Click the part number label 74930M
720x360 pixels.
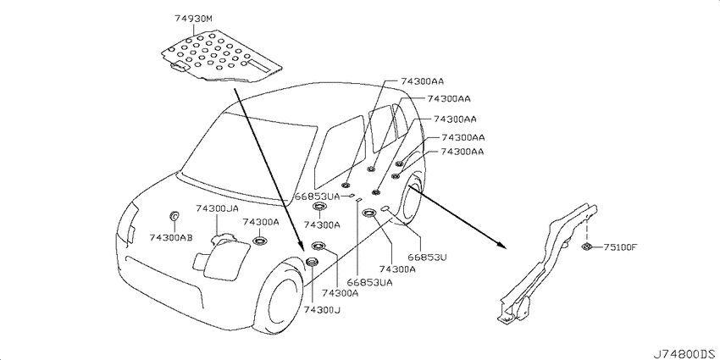pyautogui.click(x=193, y=19)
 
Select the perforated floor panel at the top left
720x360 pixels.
pyautogui.click(x=221, y=58)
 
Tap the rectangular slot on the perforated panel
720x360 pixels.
pyautogui.click(x=259, y=65)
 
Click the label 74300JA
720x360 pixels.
pyautogui.click(x=217, y=209)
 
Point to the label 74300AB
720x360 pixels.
pyautogui.click(x=171, y=237)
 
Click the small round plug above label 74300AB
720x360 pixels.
pyautogui.click(x=174, y=215)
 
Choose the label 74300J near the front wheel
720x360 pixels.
pyautogui.click(x=322, y=310)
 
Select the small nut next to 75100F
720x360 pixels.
pyautogui.click(x=586, y=246)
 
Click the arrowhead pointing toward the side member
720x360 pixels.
pyautogui.click(x=502, y=245)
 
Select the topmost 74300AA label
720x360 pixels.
pyautogui.click(x=422, y=81)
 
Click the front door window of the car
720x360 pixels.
pyautogui.click(x=341, y=152)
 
